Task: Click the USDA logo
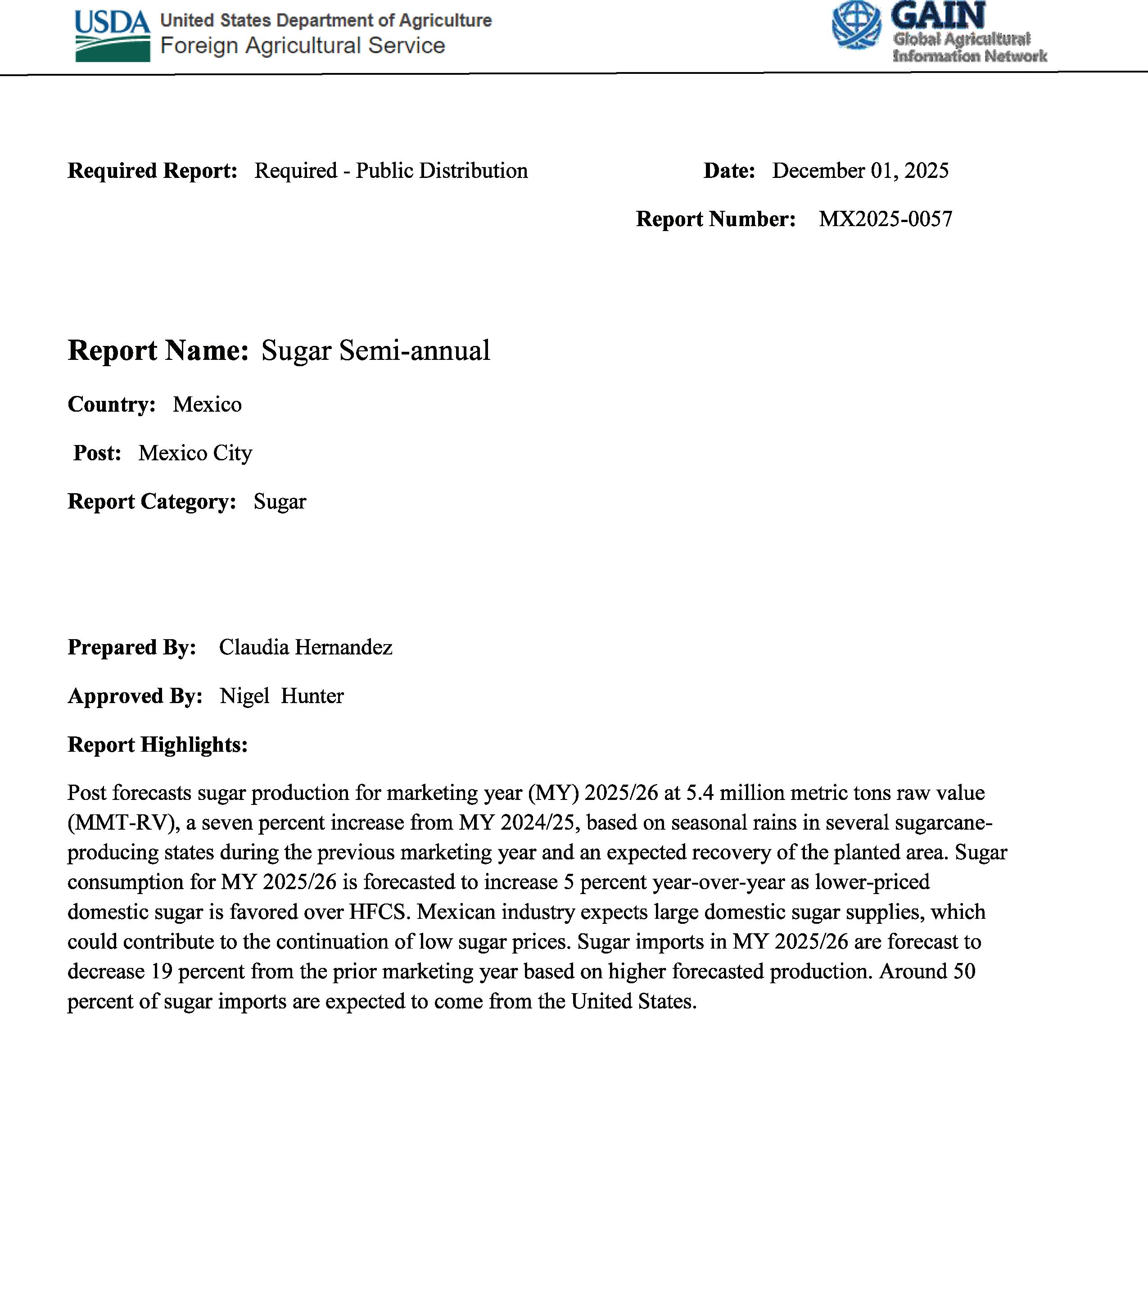click(x=113, y=36)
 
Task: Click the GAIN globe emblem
click(x=856, y=26)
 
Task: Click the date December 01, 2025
click(x=860, y=170)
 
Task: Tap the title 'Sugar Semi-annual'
click(x=375, y=351)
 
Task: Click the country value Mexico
click(x=207, y=404)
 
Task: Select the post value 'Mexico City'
click(x=195, y=453)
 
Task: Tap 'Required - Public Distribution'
click(x=391, y=170)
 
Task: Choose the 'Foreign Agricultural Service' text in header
click(x=302, y=46)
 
